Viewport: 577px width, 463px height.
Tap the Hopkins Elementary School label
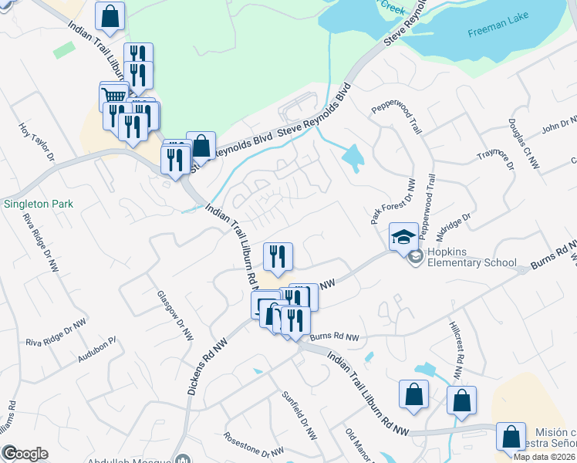click(x=468, y=262)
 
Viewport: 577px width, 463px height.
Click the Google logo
click(x=25, y=454)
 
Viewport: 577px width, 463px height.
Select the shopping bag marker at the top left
click(x=110, y=15)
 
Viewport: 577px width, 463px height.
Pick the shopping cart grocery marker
click(x=114, y=96)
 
